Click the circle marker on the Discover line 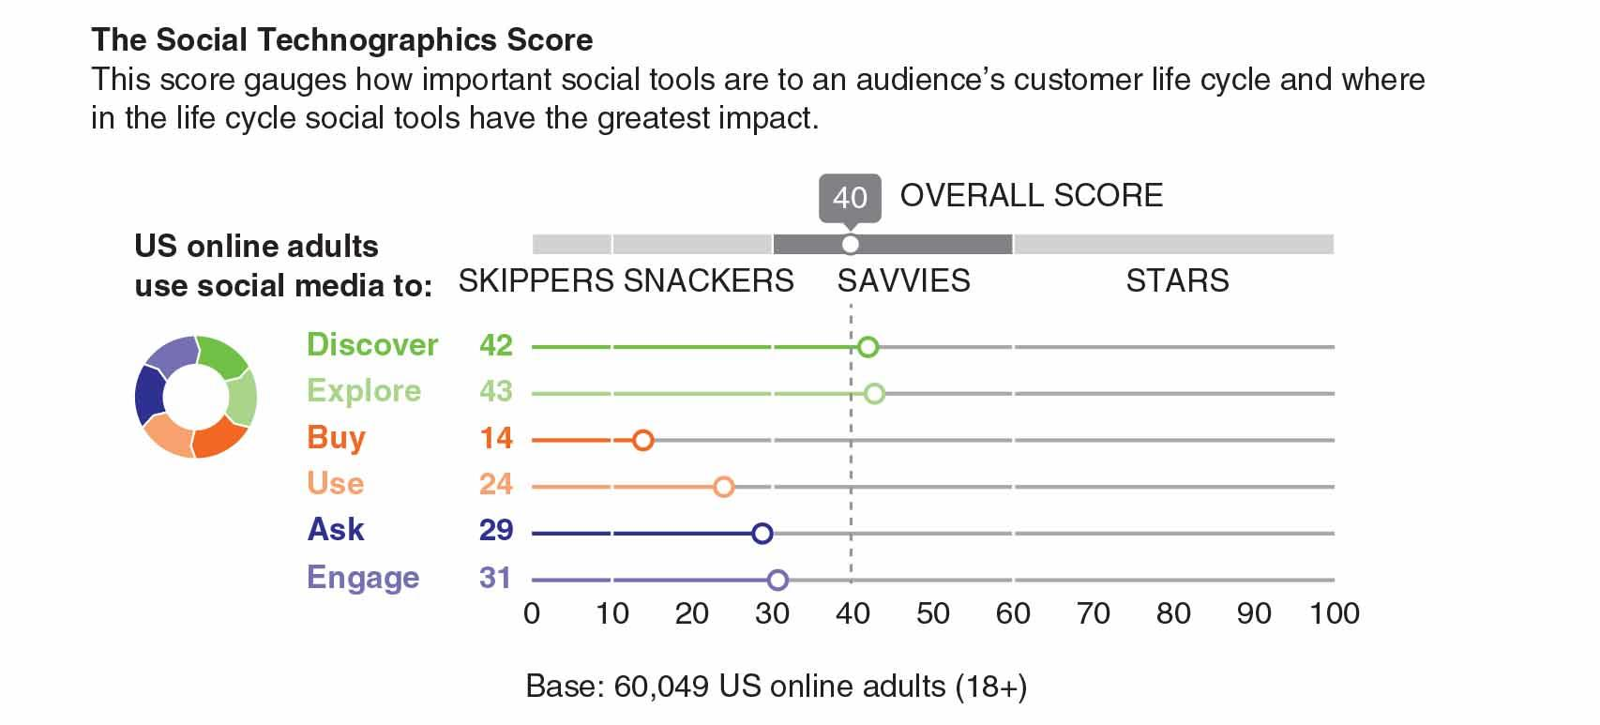click(x=868, y=347)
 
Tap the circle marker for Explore click(x=874, y=394)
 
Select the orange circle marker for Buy click(x=643, y=440)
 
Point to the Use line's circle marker click(x=723, y=487)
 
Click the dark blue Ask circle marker click(x=762, y=534)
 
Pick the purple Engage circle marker click(x=777, y=581)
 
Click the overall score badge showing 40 click(x=850, y=197)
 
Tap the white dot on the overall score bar click(x=851, y=245)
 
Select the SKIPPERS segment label click(x=536, y=280)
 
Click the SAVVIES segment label click(x=904, y=280)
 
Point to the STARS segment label click(x=1177, y=280)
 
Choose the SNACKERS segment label click(x=709, y=280)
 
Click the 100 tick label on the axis click(x=1335, y=613)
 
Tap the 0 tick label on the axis click(x=532, y=613)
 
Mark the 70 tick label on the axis click(x=1094, y=613)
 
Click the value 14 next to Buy click(x=496, y=438)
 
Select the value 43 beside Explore click(x=496, y=391)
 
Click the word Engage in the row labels click(x=363, y=578)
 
